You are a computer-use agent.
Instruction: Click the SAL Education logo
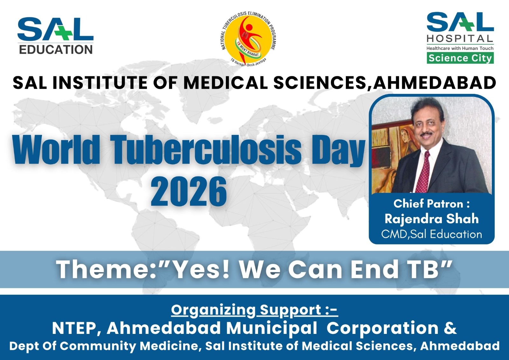click(55, 36)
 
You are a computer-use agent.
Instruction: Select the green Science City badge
click(460, 58)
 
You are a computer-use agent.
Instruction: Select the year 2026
click(189, 192)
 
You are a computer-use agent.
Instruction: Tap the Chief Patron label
click(431, 204)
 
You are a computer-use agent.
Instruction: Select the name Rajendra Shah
click(431, 219)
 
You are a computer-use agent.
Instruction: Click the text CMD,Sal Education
click(431, 234)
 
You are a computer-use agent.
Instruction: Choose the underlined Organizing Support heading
click(254, 310)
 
